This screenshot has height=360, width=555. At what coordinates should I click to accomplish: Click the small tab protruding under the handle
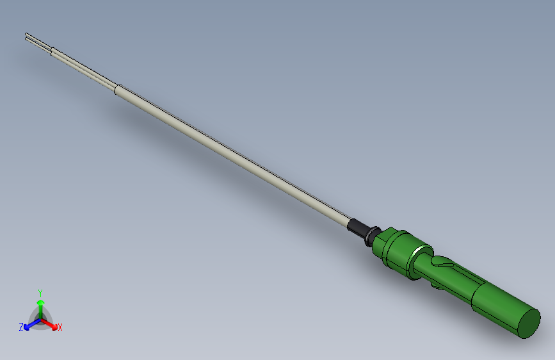coord(439,288)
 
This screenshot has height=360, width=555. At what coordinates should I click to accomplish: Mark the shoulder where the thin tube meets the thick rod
coord(116,88)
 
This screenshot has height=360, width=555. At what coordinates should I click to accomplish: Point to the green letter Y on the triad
coord(40,292)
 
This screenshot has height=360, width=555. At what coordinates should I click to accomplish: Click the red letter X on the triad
coord(60,327)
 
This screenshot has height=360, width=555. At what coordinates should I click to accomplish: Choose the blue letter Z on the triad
coord(21,327)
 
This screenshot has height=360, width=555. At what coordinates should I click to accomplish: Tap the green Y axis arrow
coord(40,306)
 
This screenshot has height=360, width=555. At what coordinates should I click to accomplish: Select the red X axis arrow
coord(51,323)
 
